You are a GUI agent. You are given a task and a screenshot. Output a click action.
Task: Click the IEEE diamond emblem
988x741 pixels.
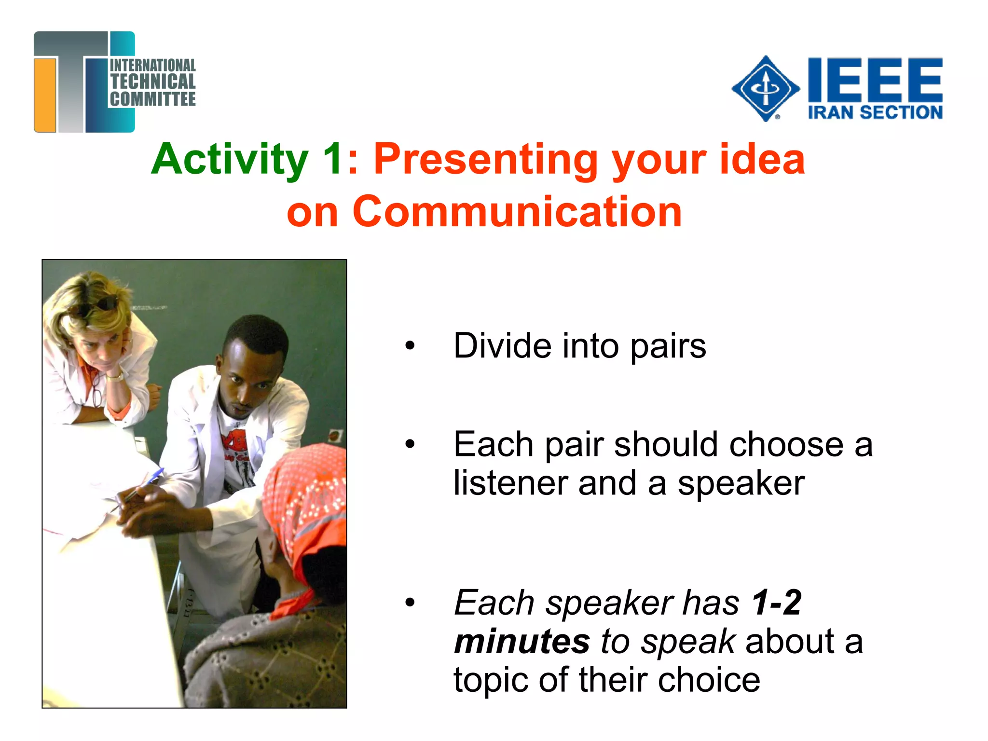tap(766, 89)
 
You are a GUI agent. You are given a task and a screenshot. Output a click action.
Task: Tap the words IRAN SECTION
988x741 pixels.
tap(875, 112)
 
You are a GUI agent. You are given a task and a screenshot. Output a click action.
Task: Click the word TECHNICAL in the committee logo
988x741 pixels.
tap(152, 82)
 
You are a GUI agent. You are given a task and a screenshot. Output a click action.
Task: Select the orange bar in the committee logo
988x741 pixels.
tap(45, 94)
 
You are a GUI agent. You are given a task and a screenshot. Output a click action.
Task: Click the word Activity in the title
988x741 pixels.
tap(230, 159)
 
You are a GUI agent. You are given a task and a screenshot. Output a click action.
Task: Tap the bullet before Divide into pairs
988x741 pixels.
tap(410, 345)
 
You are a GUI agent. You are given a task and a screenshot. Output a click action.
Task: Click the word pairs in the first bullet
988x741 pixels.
tap(668, 346)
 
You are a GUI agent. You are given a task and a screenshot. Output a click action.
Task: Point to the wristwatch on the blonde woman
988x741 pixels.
tap(115, 377)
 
